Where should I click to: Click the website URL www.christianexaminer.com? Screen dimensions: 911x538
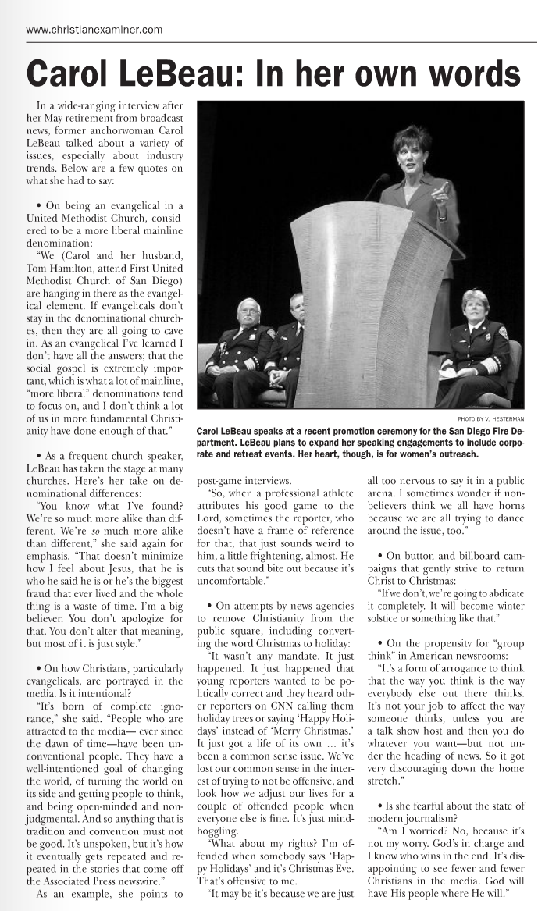tap(94, 30)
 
